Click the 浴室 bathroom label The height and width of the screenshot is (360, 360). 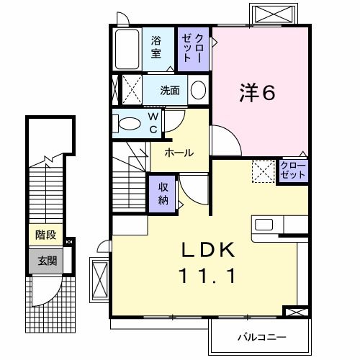tap(156, 49)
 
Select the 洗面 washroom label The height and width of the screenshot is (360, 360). tap(171, 91)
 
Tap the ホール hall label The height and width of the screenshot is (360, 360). tap(179, 153)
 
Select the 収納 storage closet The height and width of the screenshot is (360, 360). tap(163, 192)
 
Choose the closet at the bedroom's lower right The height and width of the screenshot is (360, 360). tap(293, 171)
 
